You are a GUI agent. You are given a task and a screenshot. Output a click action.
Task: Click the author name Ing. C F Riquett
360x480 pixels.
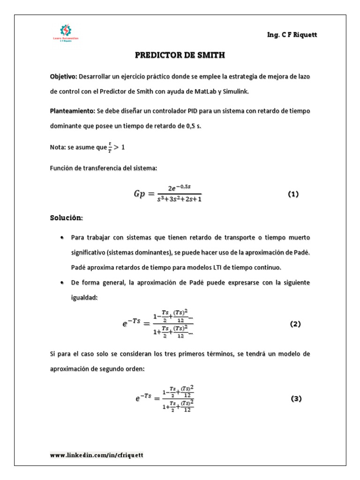pos(288,35)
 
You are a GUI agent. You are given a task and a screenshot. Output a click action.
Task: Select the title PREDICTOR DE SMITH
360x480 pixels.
pos(180,55)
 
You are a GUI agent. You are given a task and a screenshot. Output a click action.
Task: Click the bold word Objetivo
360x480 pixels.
pos(63,76)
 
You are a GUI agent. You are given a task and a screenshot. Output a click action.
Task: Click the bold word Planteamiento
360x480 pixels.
pos(72,112)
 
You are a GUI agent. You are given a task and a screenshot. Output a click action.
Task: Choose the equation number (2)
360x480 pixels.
pos(295,324)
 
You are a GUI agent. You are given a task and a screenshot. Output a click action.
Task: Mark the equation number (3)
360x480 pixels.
pos(295,398)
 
